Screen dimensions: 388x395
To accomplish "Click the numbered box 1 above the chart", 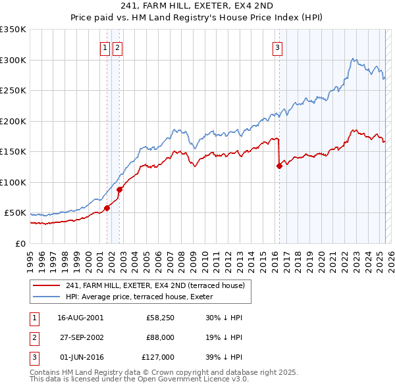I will pyautogui.click(x=105, y=47).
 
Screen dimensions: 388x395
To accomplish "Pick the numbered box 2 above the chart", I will pyautogui.click(x=117, y=47).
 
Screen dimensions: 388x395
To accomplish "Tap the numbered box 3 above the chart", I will pyautogui.click(x=277, y=47).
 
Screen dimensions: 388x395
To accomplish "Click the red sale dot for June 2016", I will pyautogui.click(x=279, y=166).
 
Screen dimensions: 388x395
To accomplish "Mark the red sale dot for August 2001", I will pyautogui.click(x=107, y=208).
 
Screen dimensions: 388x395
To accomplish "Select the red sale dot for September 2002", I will pyautogui.click(x=120, y=189).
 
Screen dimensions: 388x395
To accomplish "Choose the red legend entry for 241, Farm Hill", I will pyautogui.click(x=155, y=285).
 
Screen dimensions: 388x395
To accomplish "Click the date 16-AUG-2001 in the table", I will pyautogui.click(x=80, y=318).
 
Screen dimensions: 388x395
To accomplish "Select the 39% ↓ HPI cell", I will pyautogui.click(x=223, y=357).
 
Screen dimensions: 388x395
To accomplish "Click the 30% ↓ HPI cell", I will pyautogui.click(x=223, y=318).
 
